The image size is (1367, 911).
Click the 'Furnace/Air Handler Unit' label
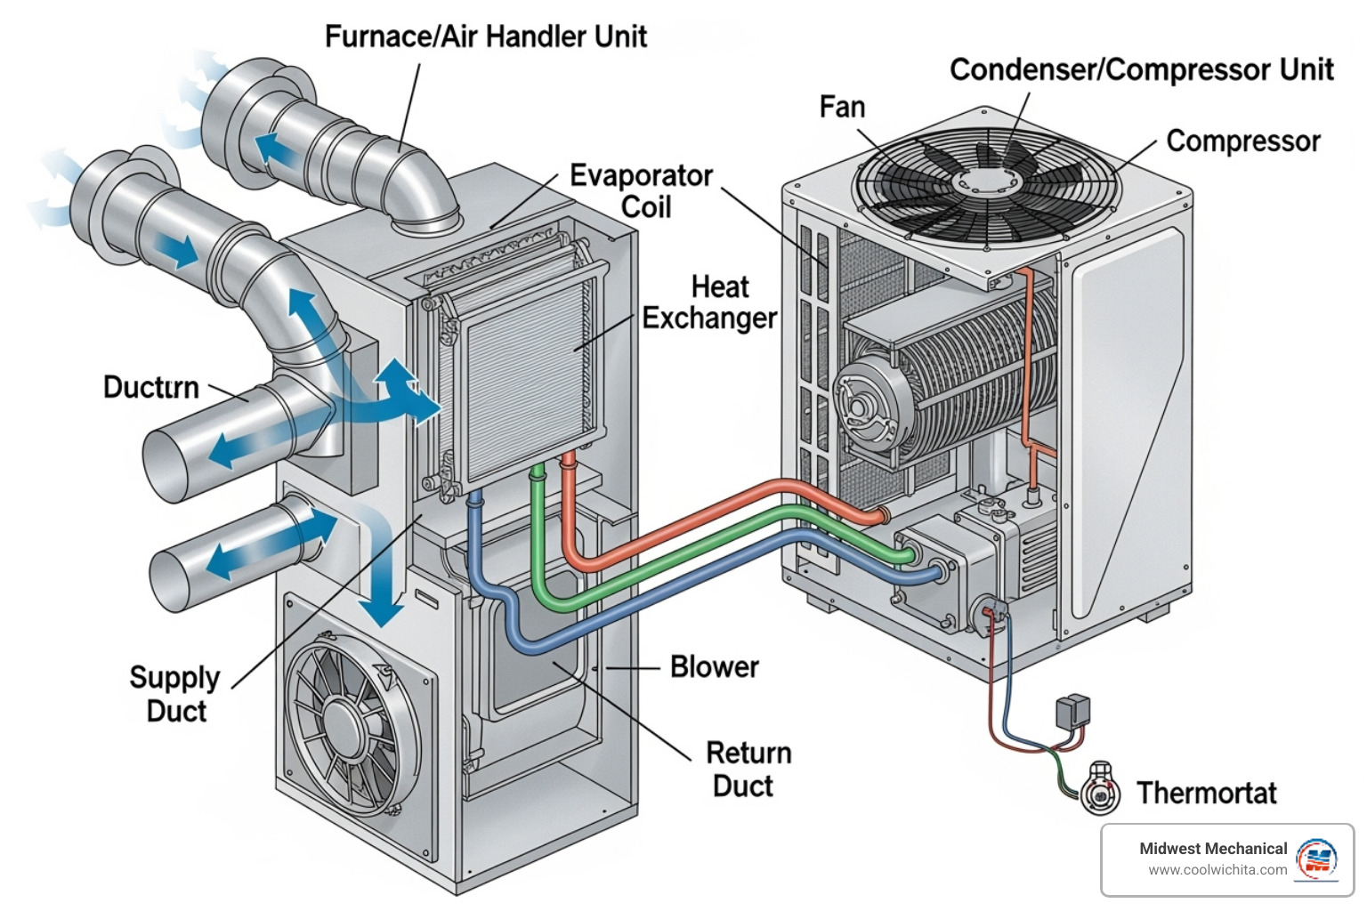click(x=485, y=36)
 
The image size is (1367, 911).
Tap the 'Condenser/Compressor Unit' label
click(x=1141, y=69)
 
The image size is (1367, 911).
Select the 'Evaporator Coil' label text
click(x=641, y=190)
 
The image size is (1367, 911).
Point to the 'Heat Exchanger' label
click(x=709, y=302)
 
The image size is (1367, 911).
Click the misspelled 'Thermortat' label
click(x=1206, y=793)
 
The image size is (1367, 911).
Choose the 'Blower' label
click(x=714, y=666)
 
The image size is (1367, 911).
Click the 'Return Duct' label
click(x=748, y=770)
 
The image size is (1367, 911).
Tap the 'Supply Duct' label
click(x=175, y=694)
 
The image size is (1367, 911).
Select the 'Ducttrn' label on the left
click(x=150, y=387)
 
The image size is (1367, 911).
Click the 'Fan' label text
click(x=842, y=107)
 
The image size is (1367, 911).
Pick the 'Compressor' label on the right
click(x=1242, y=141)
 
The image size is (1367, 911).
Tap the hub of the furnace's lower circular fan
click(x=341, y=721)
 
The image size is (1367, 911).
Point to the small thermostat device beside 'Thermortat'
click(x=1101, y=789)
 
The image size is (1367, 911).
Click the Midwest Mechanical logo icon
click(x=1316, y=859)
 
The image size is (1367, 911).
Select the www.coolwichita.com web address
click(x=1217, y=870)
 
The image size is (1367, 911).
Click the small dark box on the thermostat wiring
click(x=1072, y=711)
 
